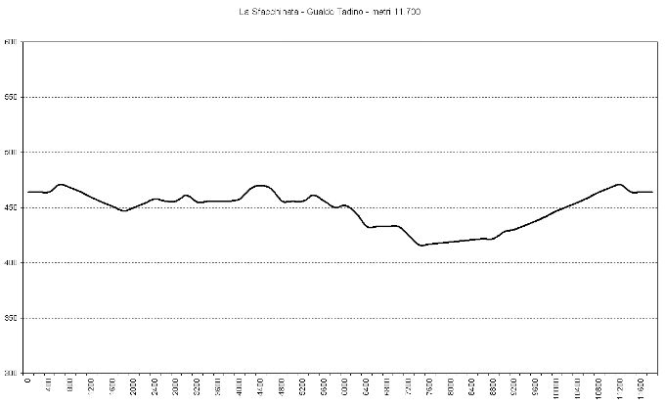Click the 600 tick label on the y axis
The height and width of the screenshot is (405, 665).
11,42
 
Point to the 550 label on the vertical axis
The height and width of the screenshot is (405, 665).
11,97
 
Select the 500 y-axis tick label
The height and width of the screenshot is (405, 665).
11,153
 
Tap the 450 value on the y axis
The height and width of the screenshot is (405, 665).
11,207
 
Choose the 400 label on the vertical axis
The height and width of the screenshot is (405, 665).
11,263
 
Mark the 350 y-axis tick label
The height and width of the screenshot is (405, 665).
11,318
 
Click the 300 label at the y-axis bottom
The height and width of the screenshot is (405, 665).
11,373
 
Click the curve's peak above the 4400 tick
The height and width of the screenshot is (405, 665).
260,185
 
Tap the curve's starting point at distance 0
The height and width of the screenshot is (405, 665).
28,192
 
